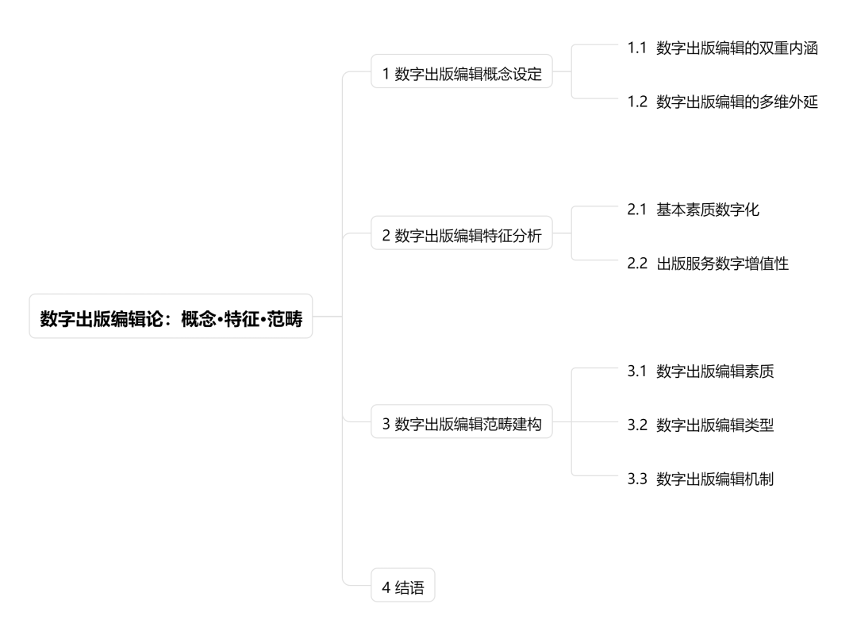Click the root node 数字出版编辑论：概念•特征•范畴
171,317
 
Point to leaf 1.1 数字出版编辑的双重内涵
722,48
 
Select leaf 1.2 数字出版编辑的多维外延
722,102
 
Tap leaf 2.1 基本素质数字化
693,210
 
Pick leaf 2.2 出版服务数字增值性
708,264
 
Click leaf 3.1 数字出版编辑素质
700,371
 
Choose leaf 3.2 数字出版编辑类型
700,425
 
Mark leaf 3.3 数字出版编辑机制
700,479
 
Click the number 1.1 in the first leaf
638,48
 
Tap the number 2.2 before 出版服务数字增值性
638,264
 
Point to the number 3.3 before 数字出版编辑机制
638,479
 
